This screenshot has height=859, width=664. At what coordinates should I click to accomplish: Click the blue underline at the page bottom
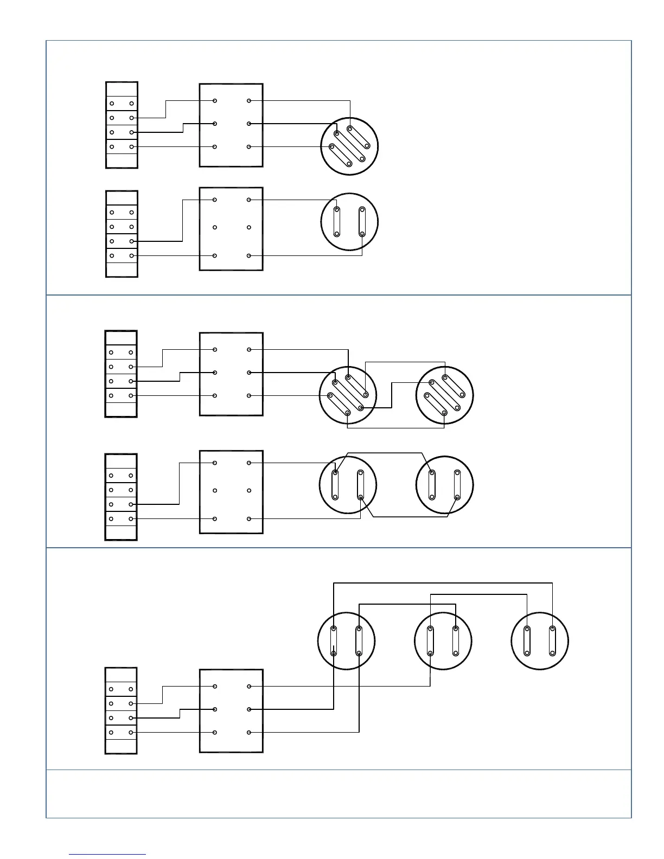coord(107,855)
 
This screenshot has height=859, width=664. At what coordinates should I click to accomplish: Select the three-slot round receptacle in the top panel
coord(349,146)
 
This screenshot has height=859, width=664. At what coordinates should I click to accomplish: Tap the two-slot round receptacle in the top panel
coord(349,222)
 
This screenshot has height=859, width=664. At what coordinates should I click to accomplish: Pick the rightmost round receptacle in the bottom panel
coord(540,641)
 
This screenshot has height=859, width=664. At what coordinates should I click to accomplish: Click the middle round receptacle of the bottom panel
coord(443,641)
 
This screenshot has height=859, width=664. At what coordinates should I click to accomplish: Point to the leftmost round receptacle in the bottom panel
coord(346,641)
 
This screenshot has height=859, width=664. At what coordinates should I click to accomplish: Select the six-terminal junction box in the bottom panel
coord(231,710)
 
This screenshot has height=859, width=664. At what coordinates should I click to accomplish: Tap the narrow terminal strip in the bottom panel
coord(121,710)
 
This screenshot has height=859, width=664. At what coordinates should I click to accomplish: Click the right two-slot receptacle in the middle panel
coord(444,484)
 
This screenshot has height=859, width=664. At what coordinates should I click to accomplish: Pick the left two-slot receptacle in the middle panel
coord(347,484)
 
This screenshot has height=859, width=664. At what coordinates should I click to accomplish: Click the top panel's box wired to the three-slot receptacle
coord(231,125)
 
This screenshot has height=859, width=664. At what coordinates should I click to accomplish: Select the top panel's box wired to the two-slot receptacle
coord(231,228)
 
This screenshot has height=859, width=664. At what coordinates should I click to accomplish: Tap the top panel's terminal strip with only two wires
coord(122,234)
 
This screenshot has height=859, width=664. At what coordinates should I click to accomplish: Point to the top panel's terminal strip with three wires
coord(122,125)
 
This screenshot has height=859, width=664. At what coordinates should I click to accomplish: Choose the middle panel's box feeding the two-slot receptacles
coord(231,492)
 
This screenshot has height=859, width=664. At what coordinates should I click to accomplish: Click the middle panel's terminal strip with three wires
coord(121,374)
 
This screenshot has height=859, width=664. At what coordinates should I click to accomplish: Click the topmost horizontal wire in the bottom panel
coord(443,584)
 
